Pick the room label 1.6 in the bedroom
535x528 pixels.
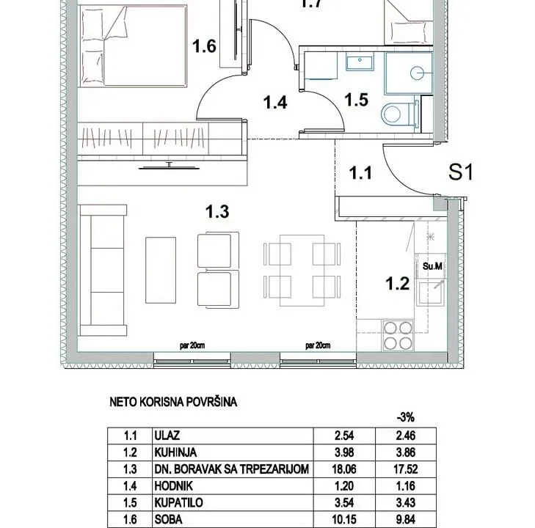click(x=204, y=47)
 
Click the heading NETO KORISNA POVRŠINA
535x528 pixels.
click(x=173, y=402)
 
